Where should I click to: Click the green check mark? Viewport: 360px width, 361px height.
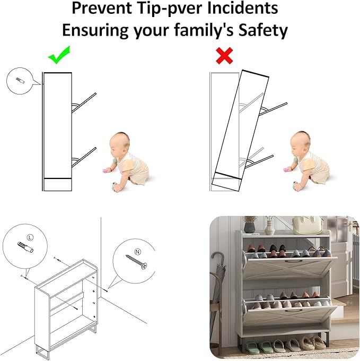(x=59, y=55)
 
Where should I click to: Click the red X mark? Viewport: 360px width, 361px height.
(x=224, y=56)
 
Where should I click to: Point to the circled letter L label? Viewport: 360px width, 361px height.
(x=30, y=237)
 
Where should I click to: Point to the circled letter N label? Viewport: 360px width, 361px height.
(x=138, y=252)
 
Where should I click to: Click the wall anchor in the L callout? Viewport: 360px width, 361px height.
(x=25, y=247)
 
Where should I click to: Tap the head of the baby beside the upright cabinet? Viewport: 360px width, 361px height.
(x=119, y=143)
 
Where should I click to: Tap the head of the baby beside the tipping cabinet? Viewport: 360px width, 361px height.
(x=300, y=142)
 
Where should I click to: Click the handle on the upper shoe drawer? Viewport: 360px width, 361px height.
(x=294, y=261)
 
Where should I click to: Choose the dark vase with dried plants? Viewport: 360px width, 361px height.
(x=249, y=225)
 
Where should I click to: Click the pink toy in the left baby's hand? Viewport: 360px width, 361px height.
(x=106, y=171)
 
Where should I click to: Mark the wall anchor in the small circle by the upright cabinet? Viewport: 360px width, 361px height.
(x=20, y=81)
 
